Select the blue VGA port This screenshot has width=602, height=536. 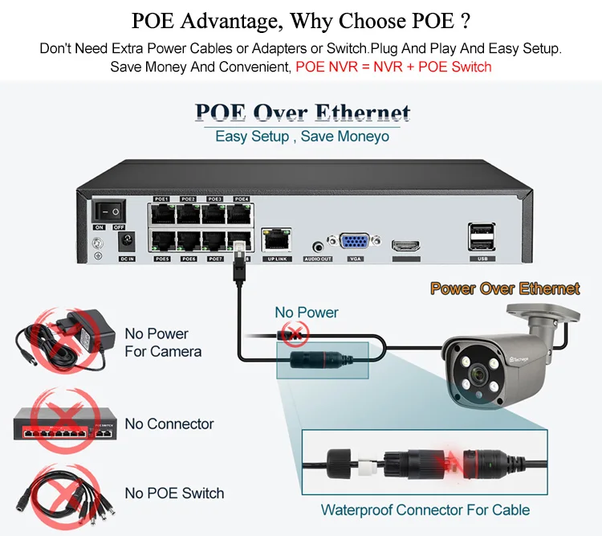355,243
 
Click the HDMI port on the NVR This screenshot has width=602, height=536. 405,245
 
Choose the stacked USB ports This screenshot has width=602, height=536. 481,238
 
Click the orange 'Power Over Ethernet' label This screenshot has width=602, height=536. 505,288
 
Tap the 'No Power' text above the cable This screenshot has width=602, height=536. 307,312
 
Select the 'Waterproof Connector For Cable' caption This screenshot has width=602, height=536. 425,509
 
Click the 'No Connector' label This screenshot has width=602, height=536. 169,423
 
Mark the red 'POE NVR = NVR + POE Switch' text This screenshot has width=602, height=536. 393,66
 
